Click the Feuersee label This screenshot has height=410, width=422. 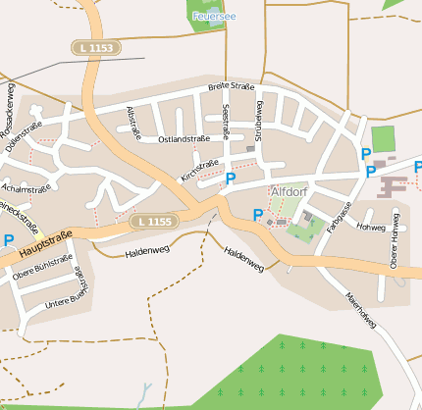(214, 17)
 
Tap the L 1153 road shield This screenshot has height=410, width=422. (95, 47)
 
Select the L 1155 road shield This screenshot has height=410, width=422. (154, 222)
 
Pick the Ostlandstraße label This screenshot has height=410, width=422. (184, 139)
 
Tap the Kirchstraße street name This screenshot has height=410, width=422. (199, 169)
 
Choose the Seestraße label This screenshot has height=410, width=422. (226, 121)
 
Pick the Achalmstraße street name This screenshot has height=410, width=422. (26, 187)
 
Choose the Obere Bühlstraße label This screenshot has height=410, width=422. (42, 273)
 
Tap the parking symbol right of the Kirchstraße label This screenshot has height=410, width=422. (231, 179)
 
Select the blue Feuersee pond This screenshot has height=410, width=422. (212, 22)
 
